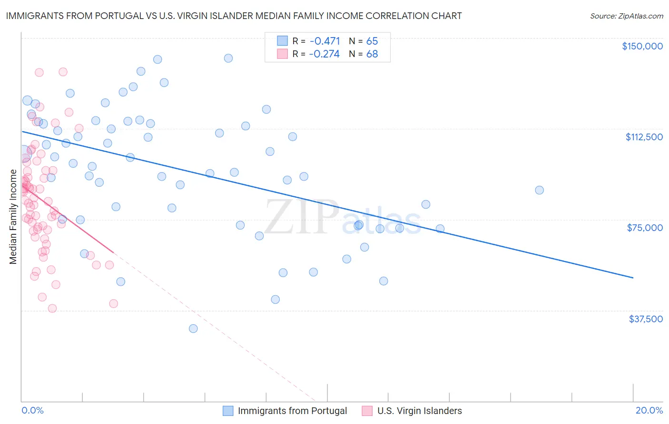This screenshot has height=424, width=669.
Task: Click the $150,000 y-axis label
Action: click(642, 46)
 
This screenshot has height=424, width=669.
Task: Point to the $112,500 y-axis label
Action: click(644, 137)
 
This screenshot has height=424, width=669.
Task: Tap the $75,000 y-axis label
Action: click(645, 228)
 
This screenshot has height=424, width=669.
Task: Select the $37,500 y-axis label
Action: click(646, 319)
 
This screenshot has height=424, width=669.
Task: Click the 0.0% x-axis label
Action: click(32, 410)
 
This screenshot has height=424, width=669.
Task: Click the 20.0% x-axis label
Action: click(649, 410)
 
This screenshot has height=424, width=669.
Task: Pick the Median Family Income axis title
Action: click(13, 217)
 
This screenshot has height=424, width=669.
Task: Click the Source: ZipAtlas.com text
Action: click(626, 16)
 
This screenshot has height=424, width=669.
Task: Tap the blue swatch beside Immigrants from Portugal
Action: click(228, 411)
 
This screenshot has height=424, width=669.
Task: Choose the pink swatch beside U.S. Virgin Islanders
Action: click(367, 411)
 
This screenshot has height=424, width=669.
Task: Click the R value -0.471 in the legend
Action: click(324, 41)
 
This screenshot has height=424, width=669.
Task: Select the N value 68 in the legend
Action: click(372, 54)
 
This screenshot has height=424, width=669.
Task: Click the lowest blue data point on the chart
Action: click(193, 328)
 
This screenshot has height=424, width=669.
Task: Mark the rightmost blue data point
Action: click(539, 190)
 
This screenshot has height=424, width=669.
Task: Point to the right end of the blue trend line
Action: click(633, 278)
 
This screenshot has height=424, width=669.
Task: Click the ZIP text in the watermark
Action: click(301, 217)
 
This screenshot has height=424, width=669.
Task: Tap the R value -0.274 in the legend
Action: click(324, 54)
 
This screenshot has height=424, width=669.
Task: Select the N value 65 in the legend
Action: click(372, 41)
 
